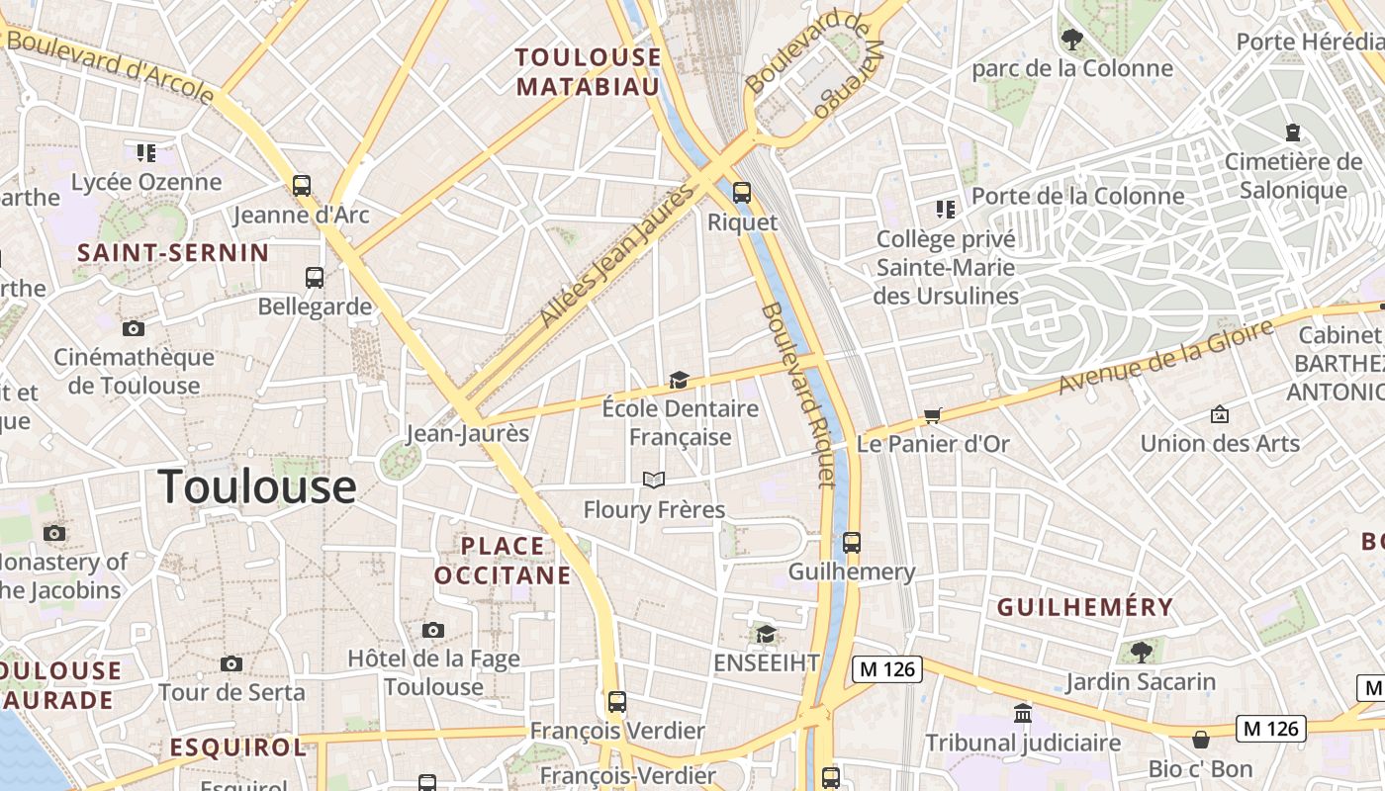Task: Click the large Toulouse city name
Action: (257, 486)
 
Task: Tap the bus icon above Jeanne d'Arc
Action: (301, 185)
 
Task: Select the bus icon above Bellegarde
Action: (315, 277)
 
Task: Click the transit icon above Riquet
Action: (741, 193)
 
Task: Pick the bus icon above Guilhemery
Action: (851, 542)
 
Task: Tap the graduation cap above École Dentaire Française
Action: (679, 380)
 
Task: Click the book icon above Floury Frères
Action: (653, 481)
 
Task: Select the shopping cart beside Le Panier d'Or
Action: (932, 415)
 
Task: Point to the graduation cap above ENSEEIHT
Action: (766, 633)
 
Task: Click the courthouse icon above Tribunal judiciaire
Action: (1023, 713)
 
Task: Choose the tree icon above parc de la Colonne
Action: (1071, 40)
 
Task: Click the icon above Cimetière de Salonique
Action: (1292, 132)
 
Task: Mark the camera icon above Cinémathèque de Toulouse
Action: (134, 328)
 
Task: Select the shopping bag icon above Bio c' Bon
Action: (1200, 740)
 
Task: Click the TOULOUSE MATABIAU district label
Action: (588, 71)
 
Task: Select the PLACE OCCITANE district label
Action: (503, 560)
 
